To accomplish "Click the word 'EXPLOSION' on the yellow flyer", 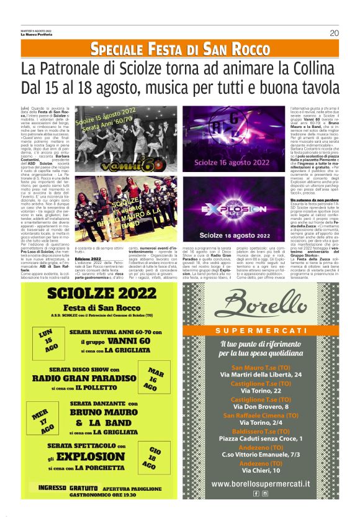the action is (x=94, y=457).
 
